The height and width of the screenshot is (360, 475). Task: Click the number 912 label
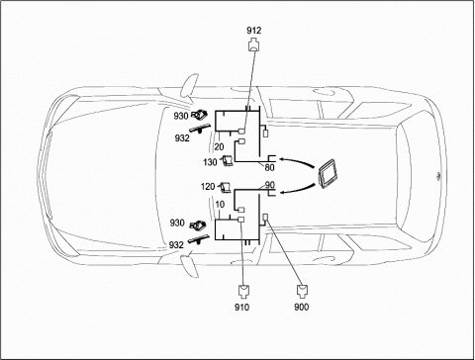(x=253, y=31)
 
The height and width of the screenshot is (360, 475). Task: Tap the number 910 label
(x=241, y=308)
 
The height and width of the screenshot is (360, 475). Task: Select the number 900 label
(x=302, y=308)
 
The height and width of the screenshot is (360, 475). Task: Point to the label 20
(x=219, y=147)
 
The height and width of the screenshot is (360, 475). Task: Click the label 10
(x=220, y=205)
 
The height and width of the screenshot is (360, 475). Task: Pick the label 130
(x=210, y=162)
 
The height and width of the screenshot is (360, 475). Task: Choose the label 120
(x=208, y=187)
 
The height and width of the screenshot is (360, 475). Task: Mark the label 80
(x=269, y=168)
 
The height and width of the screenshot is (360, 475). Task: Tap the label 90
(x=270, y=185)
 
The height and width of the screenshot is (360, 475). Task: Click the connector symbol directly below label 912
(x=253, y=45)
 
